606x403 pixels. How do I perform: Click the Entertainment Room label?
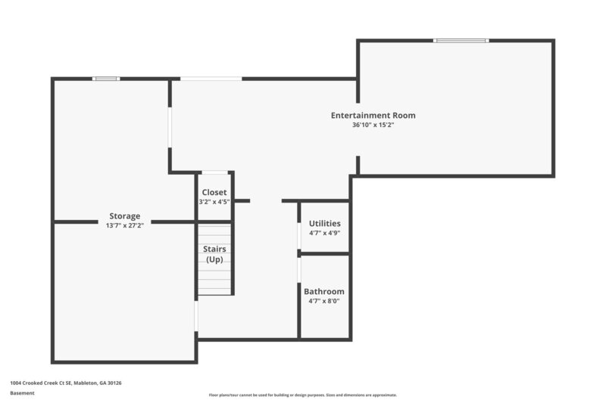(x=373, y=116)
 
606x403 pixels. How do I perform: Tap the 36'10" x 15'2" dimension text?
(x=373, y=126)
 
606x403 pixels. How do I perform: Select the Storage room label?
(x=124, y=216)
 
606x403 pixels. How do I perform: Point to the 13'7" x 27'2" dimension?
(x=124, y=225)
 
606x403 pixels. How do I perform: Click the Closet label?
(x=214, y=192)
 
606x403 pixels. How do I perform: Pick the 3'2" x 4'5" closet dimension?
(x=214, y=202)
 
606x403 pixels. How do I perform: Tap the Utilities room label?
(x=324, y=224)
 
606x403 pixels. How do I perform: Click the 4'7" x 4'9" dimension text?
(x=324, y=234)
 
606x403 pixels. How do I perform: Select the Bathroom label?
(x=324, y=291)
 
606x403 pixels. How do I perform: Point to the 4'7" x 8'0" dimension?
(x=324, y=301)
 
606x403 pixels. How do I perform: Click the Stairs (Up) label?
(x=214, y=254)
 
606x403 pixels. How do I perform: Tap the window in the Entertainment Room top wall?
(x=461, y=40)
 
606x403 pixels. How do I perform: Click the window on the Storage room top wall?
(x=106, y=78)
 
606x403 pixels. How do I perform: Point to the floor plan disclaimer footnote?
(x=303, y=395)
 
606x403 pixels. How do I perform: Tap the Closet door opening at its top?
(x=214, y=172)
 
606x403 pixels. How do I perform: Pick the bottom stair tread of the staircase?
(x=214, y=291)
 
